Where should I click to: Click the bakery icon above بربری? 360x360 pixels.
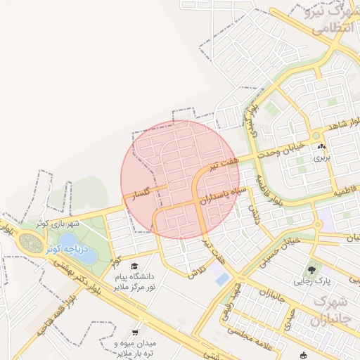click(322, 146)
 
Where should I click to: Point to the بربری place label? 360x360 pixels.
click(322, 157)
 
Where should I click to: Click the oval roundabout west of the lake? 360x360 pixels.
click(31, 244)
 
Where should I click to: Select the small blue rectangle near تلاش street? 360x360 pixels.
click(223, 279)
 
